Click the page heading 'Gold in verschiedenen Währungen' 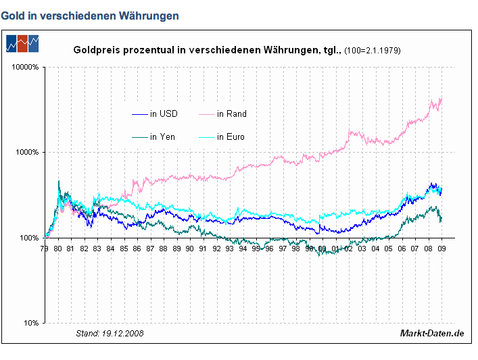(90, 16)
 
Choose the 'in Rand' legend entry (231, 113)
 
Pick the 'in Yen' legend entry (162, 136)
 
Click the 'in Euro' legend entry (231, 136)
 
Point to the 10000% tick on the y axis (26, 67)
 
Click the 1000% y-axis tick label (28, 152)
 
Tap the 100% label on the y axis (30, 238)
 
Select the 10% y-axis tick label (32, 323)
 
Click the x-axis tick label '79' (45, 248)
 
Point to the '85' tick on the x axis (124, 248)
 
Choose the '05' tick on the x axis (389, 248)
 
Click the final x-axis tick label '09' (441, 248)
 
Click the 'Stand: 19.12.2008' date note (110, 333)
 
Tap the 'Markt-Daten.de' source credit (432, 333)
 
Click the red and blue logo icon (22, 42)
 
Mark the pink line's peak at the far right (441, 99)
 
